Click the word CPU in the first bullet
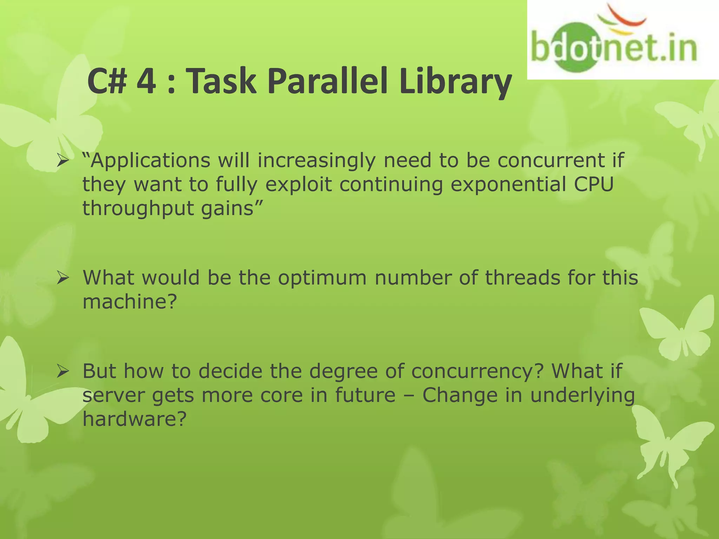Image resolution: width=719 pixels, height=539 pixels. pyautogui.click(x=594, y=184)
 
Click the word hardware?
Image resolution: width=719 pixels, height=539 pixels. pyautogui.click(x=134, y=419)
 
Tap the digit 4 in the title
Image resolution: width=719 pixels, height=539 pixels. pyautogui.click(x=146, y=82)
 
